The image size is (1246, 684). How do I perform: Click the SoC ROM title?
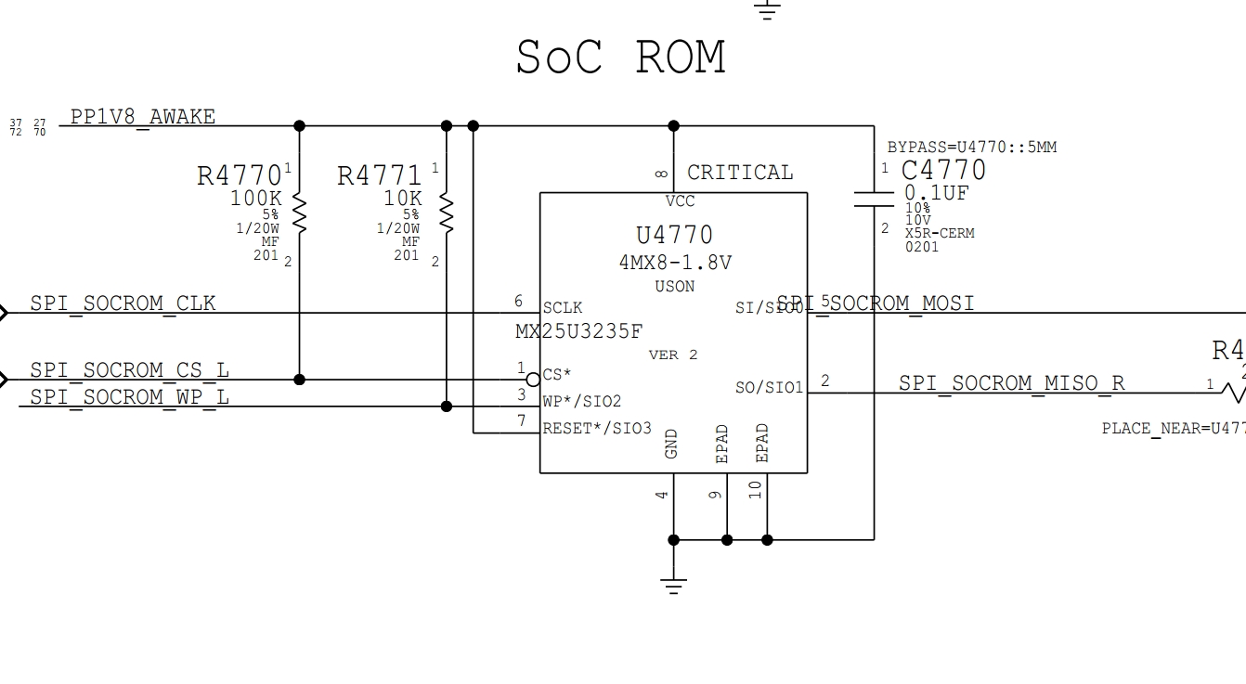[x=620, y=58]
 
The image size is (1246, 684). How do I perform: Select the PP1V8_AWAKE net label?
[x=143, y=117]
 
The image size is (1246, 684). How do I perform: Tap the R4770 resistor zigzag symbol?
[x=299, y=213]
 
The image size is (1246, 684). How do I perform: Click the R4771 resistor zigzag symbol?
[x=447, y=213]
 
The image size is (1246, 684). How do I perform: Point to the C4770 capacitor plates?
[x=874, y=198]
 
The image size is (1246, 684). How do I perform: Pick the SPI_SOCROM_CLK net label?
[x=123, y=303]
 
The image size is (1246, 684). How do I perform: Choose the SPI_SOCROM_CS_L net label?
[x=129, y=370]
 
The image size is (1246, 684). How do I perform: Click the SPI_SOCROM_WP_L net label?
[x=129, y=397]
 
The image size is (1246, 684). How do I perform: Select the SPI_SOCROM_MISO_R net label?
[x=1011, y=383]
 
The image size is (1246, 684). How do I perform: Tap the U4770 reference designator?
[x=674, y=236]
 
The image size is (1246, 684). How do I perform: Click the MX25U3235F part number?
[x=579, y=331]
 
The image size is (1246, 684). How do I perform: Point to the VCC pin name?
[x=680, y=201]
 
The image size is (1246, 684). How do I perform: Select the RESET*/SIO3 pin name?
[x=597, y=429]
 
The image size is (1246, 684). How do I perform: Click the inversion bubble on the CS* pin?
[x=533, y=380]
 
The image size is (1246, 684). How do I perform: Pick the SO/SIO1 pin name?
[x=769, y=387]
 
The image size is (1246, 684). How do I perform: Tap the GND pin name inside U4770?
[x=671, y=444]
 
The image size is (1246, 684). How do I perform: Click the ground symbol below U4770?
[x=674, y=586]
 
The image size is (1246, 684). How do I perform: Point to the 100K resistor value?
[x=255, y=199]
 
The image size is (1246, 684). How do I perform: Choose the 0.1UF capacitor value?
[x=936, y=193]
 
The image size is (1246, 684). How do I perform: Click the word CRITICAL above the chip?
[x=740, y=173]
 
